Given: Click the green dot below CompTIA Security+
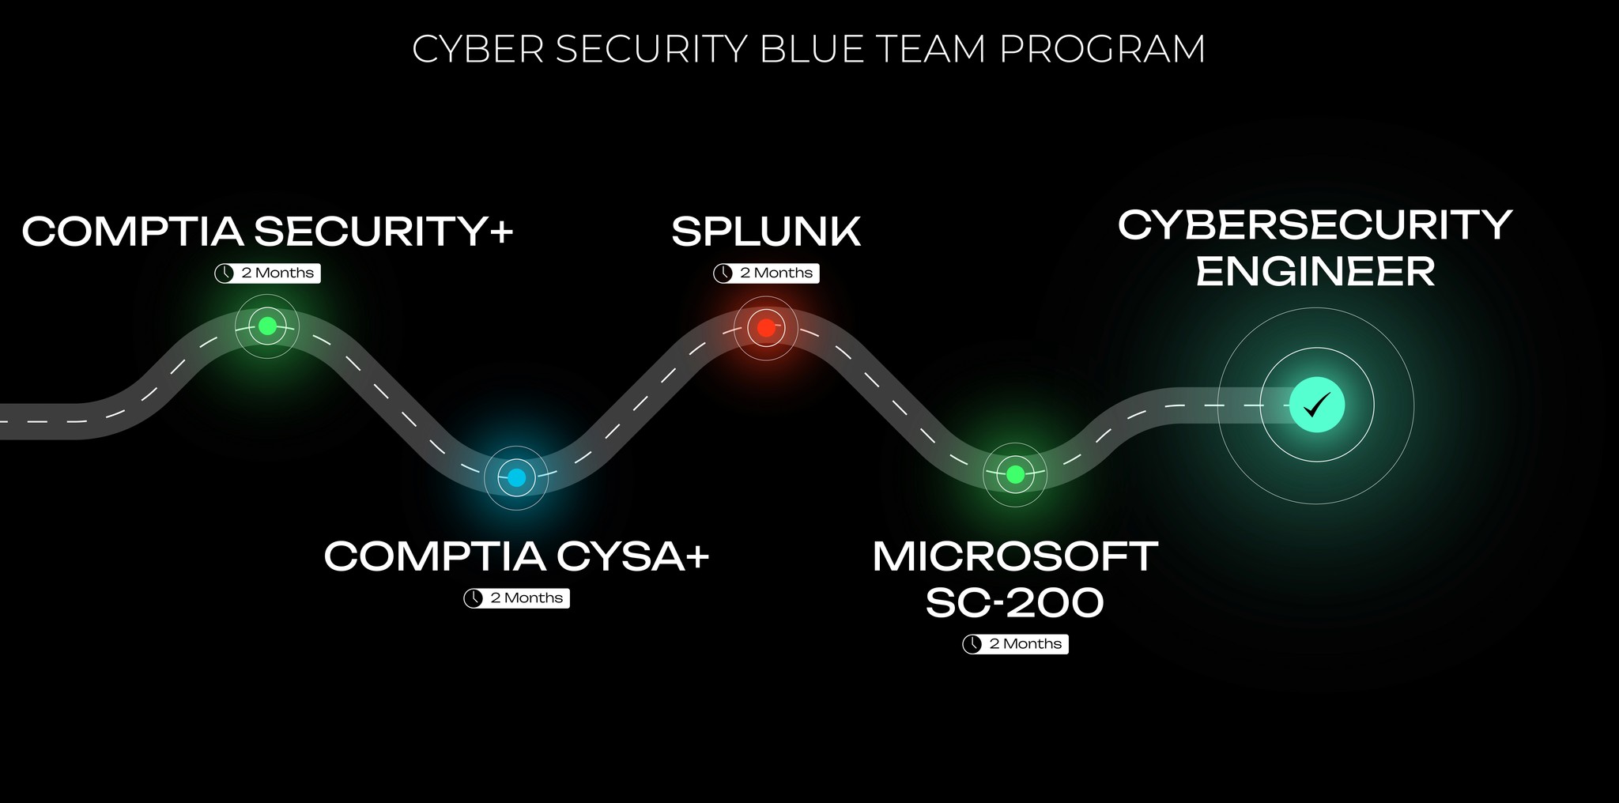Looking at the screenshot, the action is [267, 326].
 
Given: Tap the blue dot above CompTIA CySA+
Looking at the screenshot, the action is [516, 477].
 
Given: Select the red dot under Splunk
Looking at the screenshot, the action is [766, 327].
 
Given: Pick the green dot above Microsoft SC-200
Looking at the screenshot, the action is [1016, 474].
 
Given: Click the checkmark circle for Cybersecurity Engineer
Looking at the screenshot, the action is [1317, 405].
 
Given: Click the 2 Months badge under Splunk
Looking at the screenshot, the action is [766, 273].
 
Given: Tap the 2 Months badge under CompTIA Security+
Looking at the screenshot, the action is [267, 273].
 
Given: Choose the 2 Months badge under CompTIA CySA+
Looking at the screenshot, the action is [516, 598].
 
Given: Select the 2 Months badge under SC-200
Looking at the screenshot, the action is [1015, 644].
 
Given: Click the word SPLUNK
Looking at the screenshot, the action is [766, 232].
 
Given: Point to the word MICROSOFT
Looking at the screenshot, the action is [1015, 556].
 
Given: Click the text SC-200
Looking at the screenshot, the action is [1015, 603].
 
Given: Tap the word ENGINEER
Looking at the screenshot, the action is [1315, 272].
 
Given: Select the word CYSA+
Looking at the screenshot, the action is [633, 556].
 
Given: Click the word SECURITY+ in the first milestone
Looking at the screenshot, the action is [384, 232].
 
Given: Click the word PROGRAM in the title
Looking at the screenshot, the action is [1103, 49].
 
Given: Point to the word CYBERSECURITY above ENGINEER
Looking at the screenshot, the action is [1315, 225].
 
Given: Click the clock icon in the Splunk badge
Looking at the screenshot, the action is [723, 273].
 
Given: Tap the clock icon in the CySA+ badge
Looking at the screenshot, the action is [474, 598].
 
